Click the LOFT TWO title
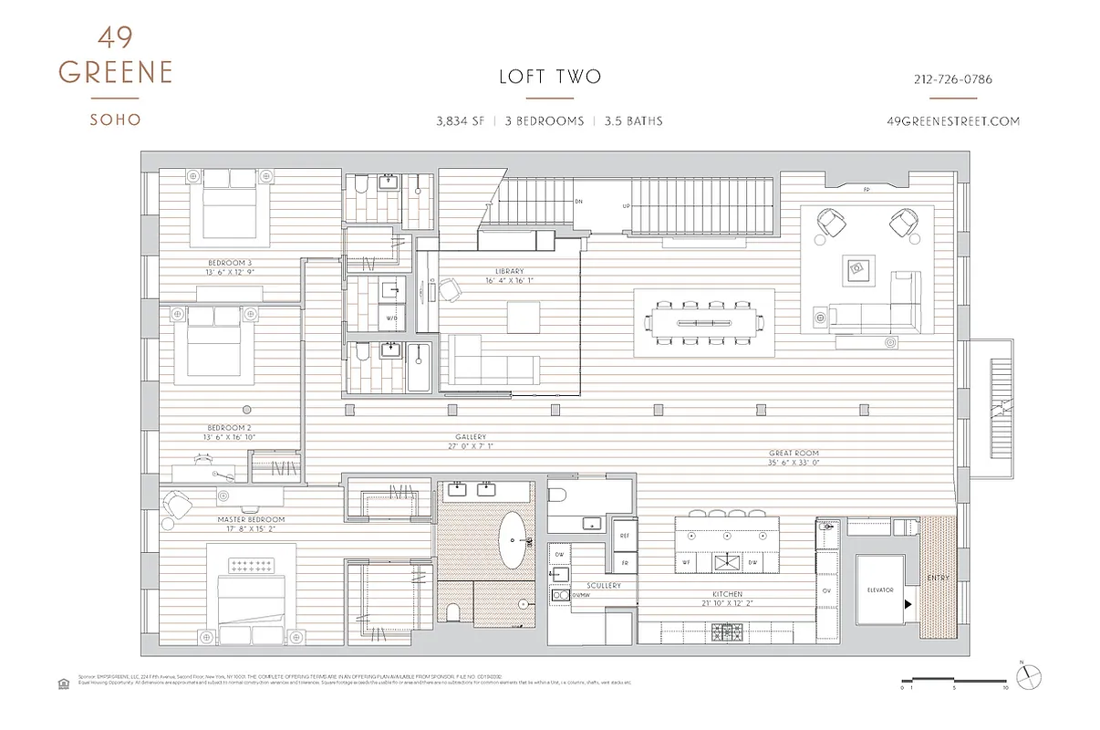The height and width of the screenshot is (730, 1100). (550, 77)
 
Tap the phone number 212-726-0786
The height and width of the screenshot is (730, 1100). (952, 79)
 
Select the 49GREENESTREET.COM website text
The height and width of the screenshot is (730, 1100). (952, 121)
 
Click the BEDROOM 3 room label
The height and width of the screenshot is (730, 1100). (230, 264)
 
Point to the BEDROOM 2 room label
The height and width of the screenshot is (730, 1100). (229, 428)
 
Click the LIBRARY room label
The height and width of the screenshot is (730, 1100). (510, 272)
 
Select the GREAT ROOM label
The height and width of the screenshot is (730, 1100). (794, 454)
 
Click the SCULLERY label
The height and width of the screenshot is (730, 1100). (604, 586)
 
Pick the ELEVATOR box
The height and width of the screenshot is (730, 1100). (879, 590)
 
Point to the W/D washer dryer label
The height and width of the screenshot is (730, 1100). (392, 318)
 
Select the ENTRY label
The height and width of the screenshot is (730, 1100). (938, 578)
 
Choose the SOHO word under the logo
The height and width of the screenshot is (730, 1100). (115, 120)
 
